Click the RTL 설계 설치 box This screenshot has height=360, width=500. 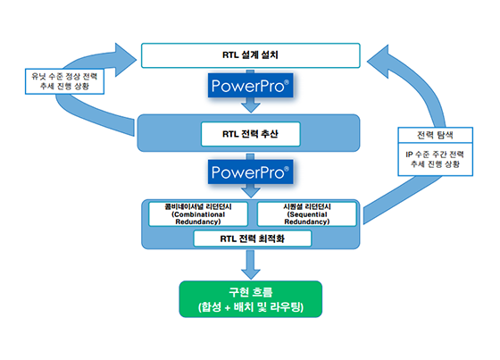(x=251, y=55)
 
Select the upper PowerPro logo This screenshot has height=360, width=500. (x=250, y=86)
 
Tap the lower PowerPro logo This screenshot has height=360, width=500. (x=250, y=172)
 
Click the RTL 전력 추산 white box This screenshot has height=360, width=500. (x=251, y=134)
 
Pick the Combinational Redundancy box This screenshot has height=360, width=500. (x=198, y=214)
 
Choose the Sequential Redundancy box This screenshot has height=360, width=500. (x=307, y=214)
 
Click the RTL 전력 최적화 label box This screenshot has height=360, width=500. (x=252, y=239)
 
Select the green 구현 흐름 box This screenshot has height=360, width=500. (x=251, y=299)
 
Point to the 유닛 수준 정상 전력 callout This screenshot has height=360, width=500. (x=64, y=81)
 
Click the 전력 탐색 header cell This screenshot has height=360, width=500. (x=436, y=135)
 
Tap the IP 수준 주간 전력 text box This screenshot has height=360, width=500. (x=436, y=159)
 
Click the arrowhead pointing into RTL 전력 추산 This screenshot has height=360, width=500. (x=251, y=107)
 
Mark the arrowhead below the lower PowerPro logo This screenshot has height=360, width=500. (x=251, y=193)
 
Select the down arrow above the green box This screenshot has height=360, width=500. (x=251, y=265)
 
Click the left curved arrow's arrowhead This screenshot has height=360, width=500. (x=126, y=60)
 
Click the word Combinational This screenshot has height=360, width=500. (x=198, y=214)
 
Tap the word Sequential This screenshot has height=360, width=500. (x=307, y=214)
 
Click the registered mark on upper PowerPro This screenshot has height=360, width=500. (x=286, y=82)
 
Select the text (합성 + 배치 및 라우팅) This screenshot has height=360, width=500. (x=251, y=307)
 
